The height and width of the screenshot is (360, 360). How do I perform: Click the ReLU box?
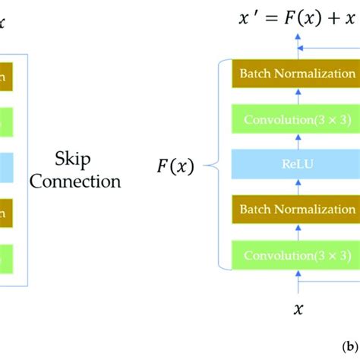296,163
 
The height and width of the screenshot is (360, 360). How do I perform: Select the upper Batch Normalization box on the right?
296,74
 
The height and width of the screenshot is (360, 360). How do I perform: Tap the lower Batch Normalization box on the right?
296,208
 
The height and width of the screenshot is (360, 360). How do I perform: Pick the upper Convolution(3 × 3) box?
296,119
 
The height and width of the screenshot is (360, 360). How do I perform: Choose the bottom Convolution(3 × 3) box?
296,253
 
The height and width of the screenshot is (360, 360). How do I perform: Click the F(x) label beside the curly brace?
175,164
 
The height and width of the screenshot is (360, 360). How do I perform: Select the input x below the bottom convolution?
297,308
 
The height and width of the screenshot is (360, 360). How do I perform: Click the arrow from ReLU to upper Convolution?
297,141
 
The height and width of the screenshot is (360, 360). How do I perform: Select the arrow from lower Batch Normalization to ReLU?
297,186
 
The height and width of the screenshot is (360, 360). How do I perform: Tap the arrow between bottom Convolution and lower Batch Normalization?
297,231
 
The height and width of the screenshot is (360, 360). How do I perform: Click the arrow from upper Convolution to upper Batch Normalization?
297,96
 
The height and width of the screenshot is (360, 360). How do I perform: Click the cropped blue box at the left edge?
7,163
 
